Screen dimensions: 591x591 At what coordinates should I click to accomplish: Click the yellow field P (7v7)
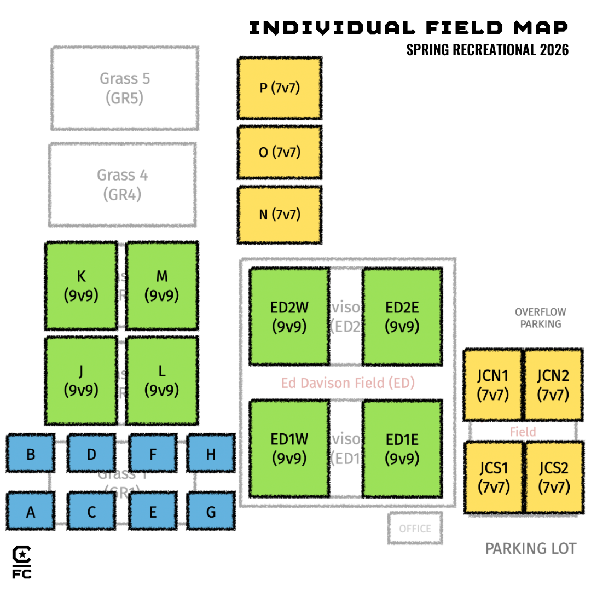(x=279, y=88)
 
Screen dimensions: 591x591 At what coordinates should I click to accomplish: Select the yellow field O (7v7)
(x=279, y=152)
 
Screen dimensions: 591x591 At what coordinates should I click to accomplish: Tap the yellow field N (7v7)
(x=279, y=215)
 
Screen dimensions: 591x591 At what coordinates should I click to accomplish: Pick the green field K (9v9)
(x=81, y=286)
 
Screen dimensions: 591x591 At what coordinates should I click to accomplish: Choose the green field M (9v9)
(x=162, y=286)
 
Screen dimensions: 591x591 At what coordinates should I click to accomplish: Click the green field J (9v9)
(x=81, y=380)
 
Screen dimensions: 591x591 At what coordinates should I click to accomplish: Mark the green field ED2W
(x=289, y=316)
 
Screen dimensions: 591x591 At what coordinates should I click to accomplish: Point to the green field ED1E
(x=402, y=449)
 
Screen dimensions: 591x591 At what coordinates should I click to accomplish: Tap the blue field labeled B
(x=31, y=454)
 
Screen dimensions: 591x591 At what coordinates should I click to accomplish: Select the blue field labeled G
(x=211, y=512)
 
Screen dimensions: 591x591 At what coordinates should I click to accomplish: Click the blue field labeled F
(x=153, y=454)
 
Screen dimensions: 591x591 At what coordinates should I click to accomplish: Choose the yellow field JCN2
(x=553, y=384)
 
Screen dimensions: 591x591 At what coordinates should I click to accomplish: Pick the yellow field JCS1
(x=493, y=477)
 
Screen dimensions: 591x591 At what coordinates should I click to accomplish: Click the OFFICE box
(x=415, y=529)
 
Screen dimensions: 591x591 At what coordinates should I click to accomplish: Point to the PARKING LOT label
(x=530, y=548)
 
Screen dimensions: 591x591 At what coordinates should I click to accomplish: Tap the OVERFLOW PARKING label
(x=540, y=318)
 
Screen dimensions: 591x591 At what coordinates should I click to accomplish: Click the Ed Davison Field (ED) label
(x=348, y=383)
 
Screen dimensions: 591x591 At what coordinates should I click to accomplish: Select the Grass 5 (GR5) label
(x=125, y=88)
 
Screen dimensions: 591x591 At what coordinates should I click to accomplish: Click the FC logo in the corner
(x=22, y=563)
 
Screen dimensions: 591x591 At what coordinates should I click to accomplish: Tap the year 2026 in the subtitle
(x=554, y=50)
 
